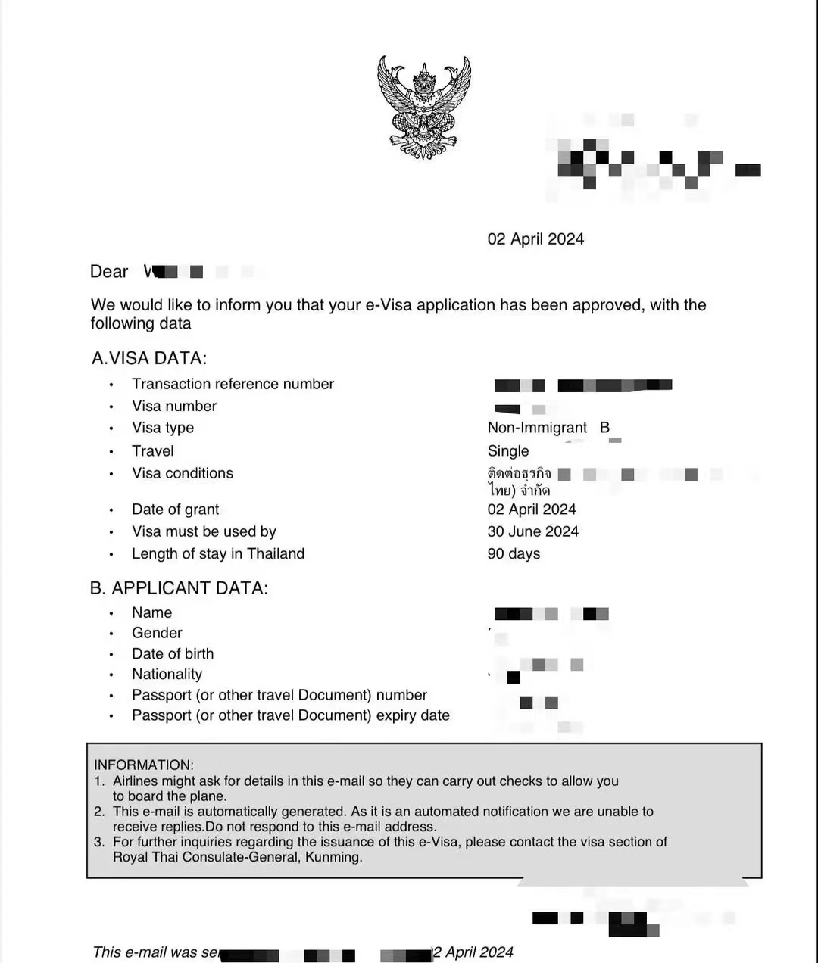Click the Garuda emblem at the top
pyautogui.click(x=424, y=107)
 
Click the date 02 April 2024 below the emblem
pyautogui.click(x=535, y=239)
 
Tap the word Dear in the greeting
pyautogui.click(x=109, y=272)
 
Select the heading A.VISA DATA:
pyautogui.click(x=149, y=358)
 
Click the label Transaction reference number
pyautogui.click(x=233, y=384)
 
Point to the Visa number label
pyautogui.click(x=174, y=406)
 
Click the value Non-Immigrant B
pyautogui.click(x=548, y=428)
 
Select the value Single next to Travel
pyautogui.click(x=508, y=451)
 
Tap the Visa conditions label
pyautogui.click(x=183, y=473)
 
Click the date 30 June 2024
pyautogui.click(x=532, y=531)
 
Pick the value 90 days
pyautogui.click(x=514, y=554)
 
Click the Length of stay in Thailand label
pyautogui.click(x=218, y=553)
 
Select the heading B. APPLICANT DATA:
pyautogui.click(x=179, y=588)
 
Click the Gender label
pyautogui.click(x=157, y=633)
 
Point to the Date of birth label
pyautogui.click(x=173, y=653)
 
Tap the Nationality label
pyautogui.click(x=167, y=674)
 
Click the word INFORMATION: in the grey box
pyautogui.click(x=144, y=765)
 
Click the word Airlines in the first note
pyautogui.click(x=137, y=781)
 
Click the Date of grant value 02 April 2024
pyautogui.click(x=532, y=510)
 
